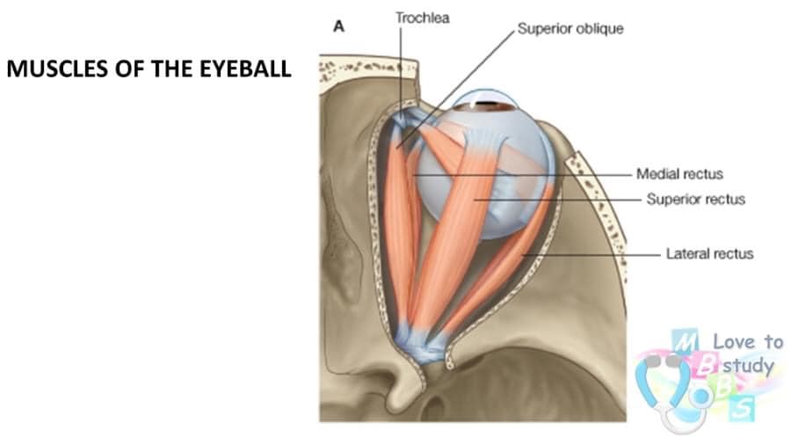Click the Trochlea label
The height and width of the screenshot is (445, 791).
[x=422, y=18]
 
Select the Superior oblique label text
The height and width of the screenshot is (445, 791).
[x=570, y=29]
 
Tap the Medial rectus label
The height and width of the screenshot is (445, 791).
[x=679, y=174]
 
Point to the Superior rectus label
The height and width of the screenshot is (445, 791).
[x=696, y=200]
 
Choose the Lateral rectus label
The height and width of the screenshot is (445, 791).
[x=710, y=253]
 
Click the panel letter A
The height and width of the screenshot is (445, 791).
[x=338, y=26]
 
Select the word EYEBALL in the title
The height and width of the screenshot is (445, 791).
[x=245, y=69]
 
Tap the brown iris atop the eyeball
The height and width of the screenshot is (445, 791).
[x=496, y=106]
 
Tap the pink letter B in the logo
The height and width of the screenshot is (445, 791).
[x=704, y=365]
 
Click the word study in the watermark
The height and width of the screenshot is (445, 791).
[x=748, y=365]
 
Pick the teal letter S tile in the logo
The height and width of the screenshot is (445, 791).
[x=742, y=408]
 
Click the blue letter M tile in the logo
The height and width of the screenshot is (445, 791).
[x=685, y=342]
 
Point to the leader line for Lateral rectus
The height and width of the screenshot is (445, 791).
[x=591, y=255]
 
